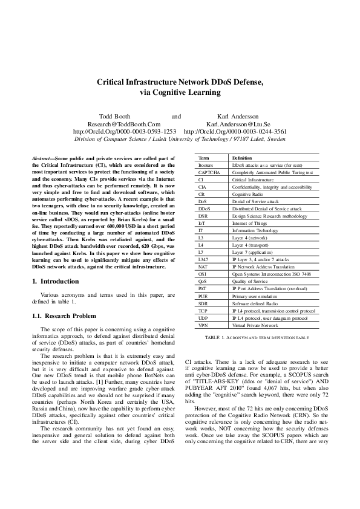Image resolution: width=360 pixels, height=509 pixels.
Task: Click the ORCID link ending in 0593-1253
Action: point(124,131)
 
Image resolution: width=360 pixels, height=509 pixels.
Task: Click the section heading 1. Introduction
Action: point(55,281)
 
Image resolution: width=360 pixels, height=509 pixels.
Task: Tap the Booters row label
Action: point(206,165)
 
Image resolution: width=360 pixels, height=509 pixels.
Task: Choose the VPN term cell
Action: point(203,325)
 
